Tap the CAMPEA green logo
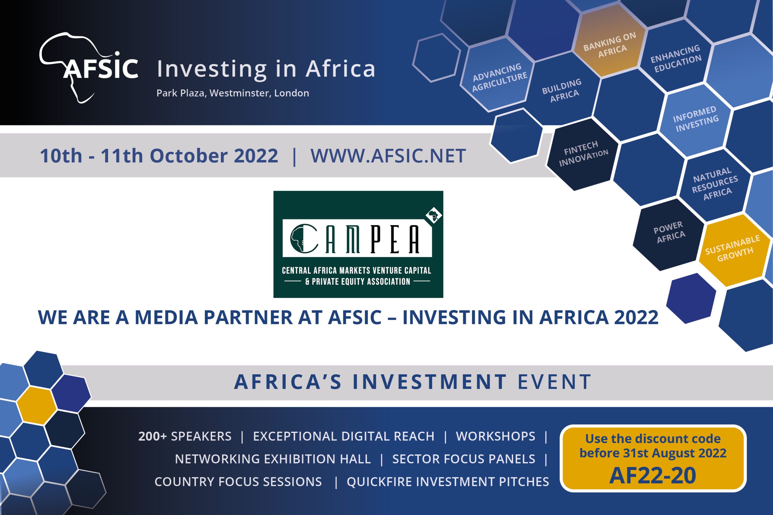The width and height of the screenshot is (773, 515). point(358,244)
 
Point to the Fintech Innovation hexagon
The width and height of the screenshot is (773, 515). point(583,154)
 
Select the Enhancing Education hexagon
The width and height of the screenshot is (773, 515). point(676,59)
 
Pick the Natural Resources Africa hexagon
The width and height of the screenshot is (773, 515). point(715,184)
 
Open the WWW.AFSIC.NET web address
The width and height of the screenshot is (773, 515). point(388,156)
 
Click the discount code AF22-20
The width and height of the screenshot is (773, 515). point(653,475)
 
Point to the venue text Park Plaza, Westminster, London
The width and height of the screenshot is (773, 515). point(233,93)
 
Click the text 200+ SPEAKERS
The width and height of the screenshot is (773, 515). point(185,436)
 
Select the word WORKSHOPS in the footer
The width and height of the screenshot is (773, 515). point(496,436)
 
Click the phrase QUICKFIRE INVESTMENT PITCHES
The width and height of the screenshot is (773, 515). point(448,481)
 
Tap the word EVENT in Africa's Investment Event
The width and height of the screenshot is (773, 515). point(554,382)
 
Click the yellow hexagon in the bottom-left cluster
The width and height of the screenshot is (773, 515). point(37,405)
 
